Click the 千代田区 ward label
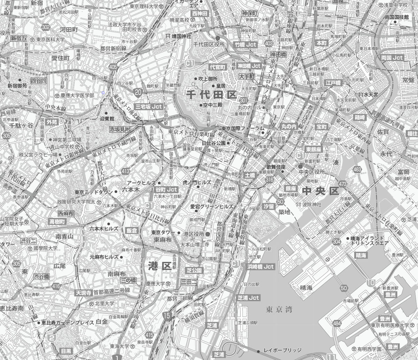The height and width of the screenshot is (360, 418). point(211,94)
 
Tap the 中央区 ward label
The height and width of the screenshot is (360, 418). point(320,191)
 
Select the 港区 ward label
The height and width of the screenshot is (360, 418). point(160,266)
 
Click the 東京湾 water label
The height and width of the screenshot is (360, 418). point(279,309)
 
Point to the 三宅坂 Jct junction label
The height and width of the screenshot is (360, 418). point(149,106)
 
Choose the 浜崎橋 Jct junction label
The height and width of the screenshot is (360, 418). point(261,267)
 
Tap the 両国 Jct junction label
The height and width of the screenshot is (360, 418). point(392,57)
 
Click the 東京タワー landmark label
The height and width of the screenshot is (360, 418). point(163,233)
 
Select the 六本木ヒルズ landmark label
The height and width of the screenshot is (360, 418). point(104,229)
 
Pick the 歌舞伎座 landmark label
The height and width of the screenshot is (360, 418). point(276,167)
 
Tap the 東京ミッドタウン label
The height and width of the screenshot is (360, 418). point(94,192)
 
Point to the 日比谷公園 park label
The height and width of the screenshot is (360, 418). point(214,143)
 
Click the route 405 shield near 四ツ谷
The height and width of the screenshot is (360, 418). point(113,66)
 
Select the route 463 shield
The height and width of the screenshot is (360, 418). point(357,169)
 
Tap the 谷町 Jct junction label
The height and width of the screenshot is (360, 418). point(166,189)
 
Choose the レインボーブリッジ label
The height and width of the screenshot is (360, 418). point(282,350)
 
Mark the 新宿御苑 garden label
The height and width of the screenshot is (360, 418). point(17,85)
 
